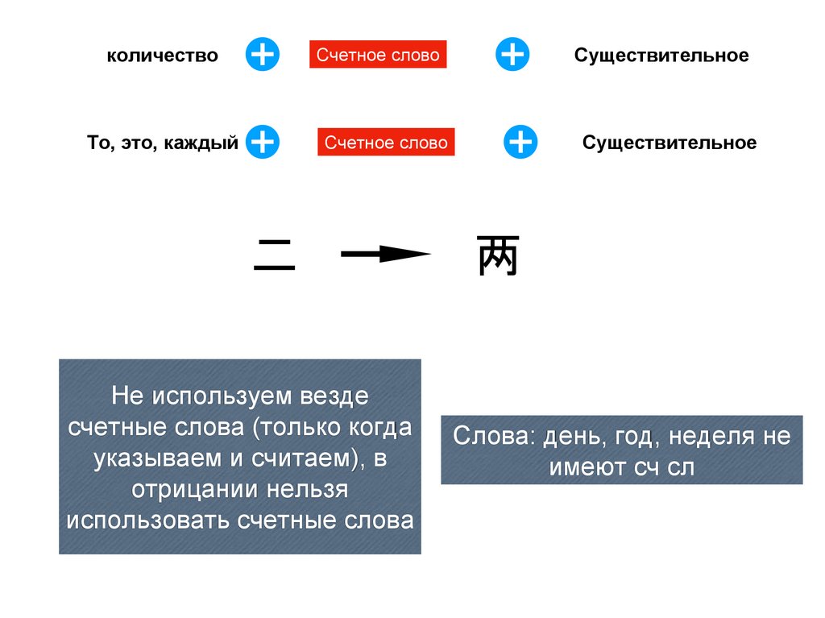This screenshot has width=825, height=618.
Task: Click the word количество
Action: click(163, 56)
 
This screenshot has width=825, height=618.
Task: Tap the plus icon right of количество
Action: click(262, 54)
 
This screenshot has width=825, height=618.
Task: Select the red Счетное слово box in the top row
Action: click(378, 55)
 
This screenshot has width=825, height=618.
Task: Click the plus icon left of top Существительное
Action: click(512, 54)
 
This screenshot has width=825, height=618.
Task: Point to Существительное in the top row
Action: click(661, 56)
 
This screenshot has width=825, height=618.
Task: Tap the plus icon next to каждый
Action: click(262, 142)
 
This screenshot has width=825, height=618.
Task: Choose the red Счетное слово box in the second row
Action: click(386, 143)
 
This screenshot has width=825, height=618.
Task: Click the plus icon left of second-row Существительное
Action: click(520, 142)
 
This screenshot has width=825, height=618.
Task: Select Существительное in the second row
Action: click(670, 143)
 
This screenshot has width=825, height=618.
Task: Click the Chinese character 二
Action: click(275, 256)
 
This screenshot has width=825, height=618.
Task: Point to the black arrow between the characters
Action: click(385, 255)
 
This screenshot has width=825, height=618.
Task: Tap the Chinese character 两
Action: click(497, 256)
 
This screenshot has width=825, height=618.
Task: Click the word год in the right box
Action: click(637, 438)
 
